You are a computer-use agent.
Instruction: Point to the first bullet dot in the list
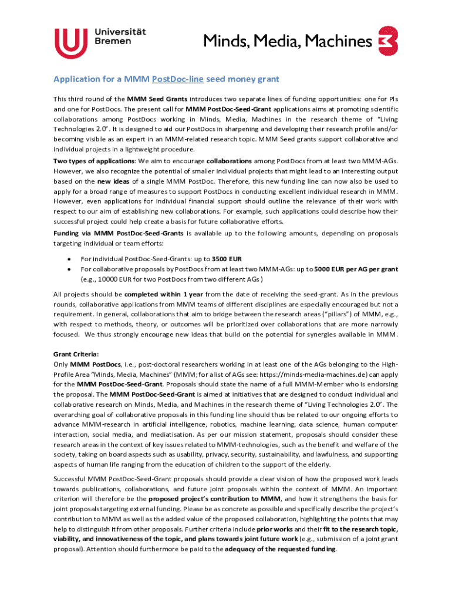tap(70, 259)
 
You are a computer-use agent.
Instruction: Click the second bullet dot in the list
tap(70, 269)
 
